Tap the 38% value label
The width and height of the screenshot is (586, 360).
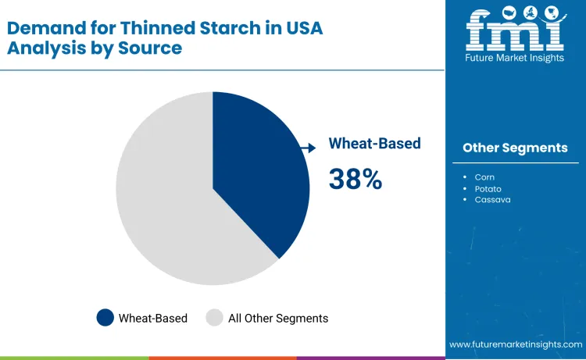[356, 179]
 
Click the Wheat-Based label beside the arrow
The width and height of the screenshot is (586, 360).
[374, 144]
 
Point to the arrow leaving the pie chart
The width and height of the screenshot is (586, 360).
[308, 146]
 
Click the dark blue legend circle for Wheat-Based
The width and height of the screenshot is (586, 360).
[105, 318]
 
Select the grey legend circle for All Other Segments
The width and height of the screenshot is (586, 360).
[214, 318]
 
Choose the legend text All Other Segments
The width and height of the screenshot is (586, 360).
[278, 318]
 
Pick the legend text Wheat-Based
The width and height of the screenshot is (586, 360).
[153, 318]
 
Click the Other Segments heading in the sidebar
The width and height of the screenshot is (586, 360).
[515, 148]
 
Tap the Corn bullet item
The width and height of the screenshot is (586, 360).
[484, 177]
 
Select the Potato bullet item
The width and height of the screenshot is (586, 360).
[488, 189]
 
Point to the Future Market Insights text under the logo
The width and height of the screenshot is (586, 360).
[515, 59]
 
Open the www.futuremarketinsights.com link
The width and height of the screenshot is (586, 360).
[516, 344]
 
